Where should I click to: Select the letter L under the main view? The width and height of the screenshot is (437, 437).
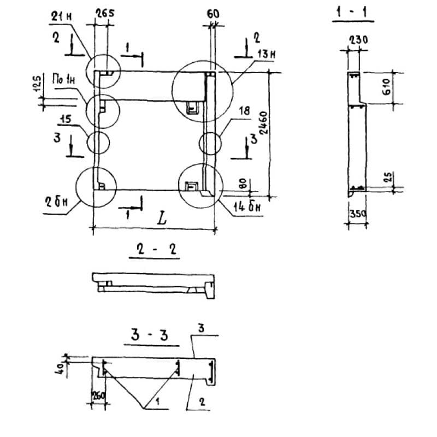(161, 219)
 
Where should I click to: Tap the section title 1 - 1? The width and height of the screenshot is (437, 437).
(352, 13)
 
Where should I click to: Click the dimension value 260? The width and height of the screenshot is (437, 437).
(98, 395)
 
